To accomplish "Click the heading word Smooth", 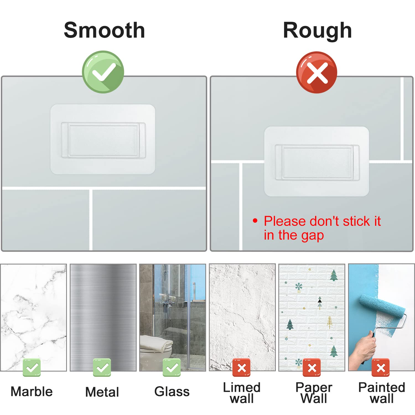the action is [104, 30].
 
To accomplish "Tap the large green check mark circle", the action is [103, 72].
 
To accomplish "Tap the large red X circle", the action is [317, 72].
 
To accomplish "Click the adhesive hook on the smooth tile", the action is [103, 139].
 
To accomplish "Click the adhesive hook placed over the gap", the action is [317, 162].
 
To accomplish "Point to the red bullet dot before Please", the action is [255, 221].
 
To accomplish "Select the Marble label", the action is [32, 391].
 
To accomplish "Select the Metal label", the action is [102, 392].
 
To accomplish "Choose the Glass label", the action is [172, 391].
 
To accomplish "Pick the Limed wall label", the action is [242, 393].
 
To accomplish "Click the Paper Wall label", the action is [314, 393].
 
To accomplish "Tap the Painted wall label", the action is [382, 393].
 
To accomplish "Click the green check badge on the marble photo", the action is [32, 367].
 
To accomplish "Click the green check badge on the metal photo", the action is [102, 367].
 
